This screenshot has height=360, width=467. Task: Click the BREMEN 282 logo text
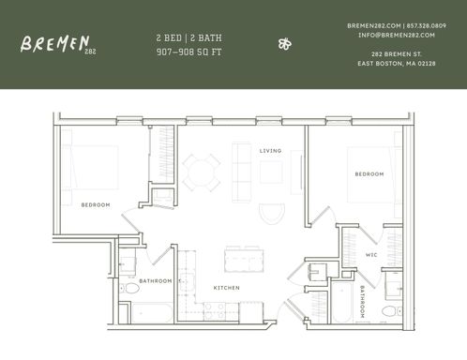(57, 43)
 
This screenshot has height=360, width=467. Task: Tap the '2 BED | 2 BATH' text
(188, 37)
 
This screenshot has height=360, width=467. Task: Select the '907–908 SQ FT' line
(188, 52)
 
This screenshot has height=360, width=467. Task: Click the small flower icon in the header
(285, 43)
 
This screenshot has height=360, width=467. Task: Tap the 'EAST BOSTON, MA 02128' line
(396, 63)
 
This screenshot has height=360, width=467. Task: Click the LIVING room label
(270, 150)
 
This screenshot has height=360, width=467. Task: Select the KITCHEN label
(226, 287)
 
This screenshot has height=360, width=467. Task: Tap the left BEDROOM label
(96, 204)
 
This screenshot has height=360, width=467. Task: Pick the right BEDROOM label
(369, 173)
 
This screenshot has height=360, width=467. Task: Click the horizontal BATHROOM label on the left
(156, 280)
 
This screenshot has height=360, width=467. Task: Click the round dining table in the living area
(201, 172)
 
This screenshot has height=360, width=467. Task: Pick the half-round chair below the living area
(270, 213)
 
